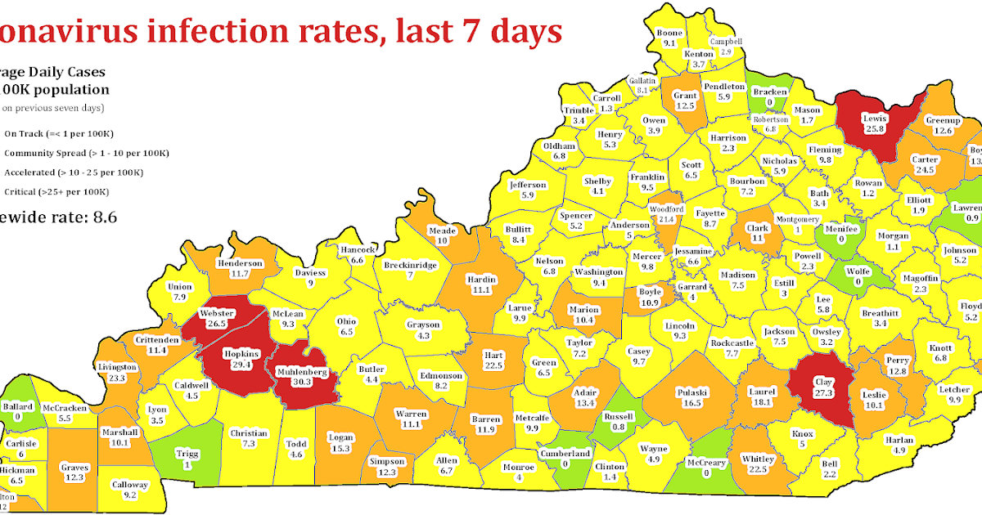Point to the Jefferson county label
click(527, 190)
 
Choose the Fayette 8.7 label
click(709, 217)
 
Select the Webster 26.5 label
click(218, 318)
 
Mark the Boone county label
click(669, 38)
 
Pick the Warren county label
click(411, 419)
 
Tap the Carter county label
click(925, 164)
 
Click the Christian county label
click(249, 438)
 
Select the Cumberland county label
click(565, 458)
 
